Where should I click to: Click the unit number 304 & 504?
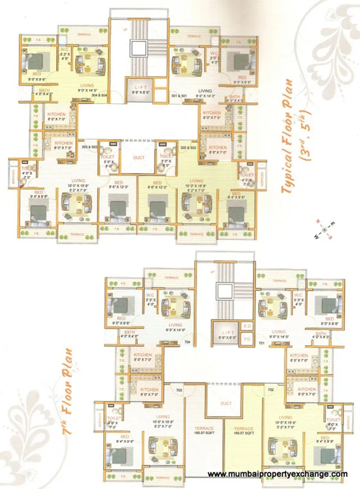98,95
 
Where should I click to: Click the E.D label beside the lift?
248,326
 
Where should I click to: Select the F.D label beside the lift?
248,339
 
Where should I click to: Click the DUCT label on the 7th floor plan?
226,403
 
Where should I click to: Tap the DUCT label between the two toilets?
139,158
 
